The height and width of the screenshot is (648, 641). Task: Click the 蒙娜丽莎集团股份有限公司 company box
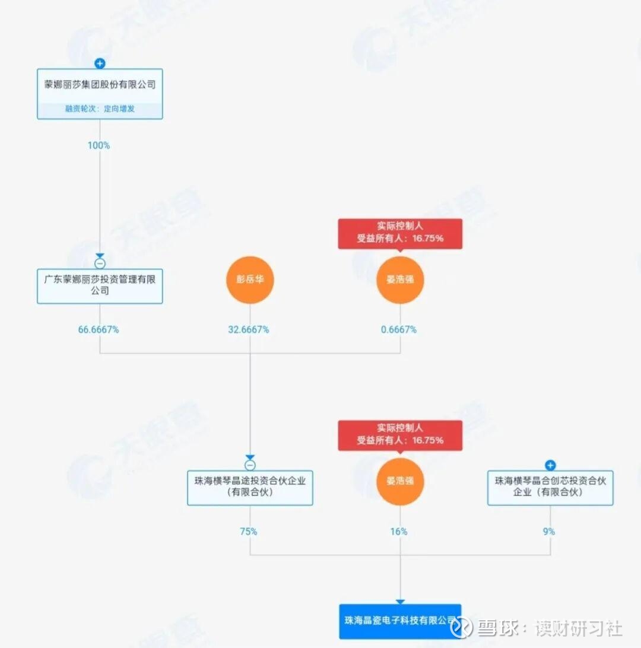pyautogui.click(x=100, y=85)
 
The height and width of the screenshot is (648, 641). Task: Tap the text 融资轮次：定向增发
pyautogui.click(x=100, y=109)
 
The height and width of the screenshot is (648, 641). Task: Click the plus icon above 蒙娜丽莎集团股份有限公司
pyautogui.click(x=100, y=63)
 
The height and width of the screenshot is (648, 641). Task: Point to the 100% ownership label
pyautogui.click(x=99, y=145)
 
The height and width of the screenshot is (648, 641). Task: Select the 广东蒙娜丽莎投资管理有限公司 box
pyautogui.click(x=100, y=285)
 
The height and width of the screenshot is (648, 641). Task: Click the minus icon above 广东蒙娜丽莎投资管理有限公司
pyautogui.click(x=100, y=263)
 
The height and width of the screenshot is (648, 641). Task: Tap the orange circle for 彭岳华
pyautogui.click(x=250, y=279)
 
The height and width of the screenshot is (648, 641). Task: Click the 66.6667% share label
pyautogui.click(x=99, y=329)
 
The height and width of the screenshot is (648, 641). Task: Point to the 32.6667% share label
pyautogui.click(x=249, y=329)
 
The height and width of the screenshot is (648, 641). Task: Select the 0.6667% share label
pyautogui.click(x=399, y=329)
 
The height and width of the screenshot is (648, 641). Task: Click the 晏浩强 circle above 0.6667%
pyautogui.click(x=400, y=279)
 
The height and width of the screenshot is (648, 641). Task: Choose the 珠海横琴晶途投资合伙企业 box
pyautogui.click(x=250, y=487)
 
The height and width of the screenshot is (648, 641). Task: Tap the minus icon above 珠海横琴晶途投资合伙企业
pyautogui.click(x=250, y=465)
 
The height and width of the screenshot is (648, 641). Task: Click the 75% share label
pyautogui.click(x=249, y=532)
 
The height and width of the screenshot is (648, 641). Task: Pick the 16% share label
pyautogui.click(x=399, y=532)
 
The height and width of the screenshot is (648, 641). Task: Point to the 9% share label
pyautogui.click(x=549, y=532)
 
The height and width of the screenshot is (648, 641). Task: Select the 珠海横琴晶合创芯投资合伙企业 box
pyautogui.click(x=550, y=487)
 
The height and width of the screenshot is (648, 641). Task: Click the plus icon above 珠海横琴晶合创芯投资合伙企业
pyautogui.click(x=550, y=465)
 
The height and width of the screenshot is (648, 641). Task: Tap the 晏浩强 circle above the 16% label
pyautogui.click(x=400, y=481)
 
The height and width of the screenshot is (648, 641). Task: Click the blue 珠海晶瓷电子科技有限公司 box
pyautogui.click(x=400, y=621)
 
